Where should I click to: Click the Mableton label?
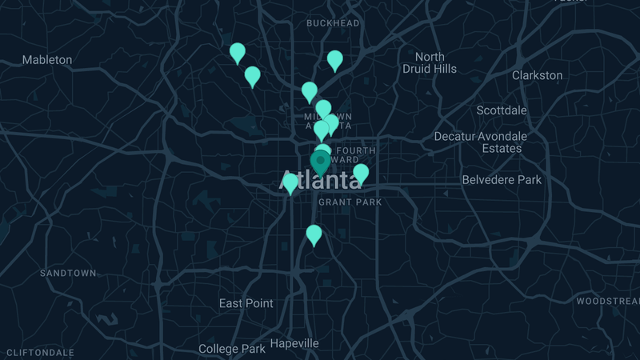point(46,60)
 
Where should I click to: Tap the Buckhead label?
point(333,23)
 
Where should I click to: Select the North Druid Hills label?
point(430,62)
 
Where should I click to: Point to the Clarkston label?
point(537,75)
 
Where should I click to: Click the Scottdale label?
point(502,110)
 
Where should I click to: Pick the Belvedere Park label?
point(502,180)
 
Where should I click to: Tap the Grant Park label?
point(350,202)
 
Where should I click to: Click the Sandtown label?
point(68,274)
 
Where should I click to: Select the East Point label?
point(246,303)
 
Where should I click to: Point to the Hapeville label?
point(294,343)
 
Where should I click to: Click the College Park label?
point(231,349)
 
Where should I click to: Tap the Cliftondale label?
point(40,353)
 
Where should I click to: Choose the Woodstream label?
point(607,302)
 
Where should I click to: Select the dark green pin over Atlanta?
point(319,162)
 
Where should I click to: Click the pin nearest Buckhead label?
point(335,59)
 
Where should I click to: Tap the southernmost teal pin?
point(314,234)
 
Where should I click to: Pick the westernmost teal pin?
point(238,53)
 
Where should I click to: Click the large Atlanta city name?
point(320,179)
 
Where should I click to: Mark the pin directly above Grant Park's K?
point(361,173)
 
